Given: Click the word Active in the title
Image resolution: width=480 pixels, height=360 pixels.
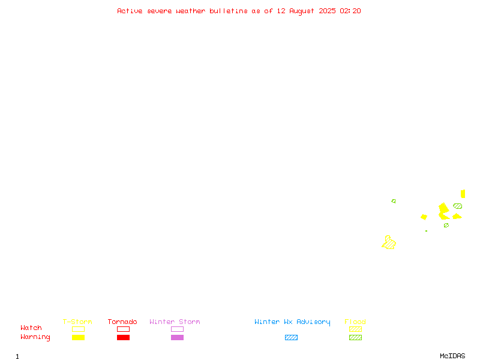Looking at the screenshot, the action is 130,11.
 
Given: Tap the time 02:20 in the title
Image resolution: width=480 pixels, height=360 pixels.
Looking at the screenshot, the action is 350,11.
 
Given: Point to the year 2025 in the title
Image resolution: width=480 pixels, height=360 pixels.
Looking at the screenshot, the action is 327,11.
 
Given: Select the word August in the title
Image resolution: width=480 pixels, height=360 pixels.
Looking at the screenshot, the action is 302,11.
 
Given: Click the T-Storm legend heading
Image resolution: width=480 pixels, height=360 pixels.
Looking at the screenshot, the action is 77,322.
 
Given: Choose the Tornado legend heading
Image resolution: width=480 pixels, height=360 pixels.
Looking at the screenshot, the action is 122,322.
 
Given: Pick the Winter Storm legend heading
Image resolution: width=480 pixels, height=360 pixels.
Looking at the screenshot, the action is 175,322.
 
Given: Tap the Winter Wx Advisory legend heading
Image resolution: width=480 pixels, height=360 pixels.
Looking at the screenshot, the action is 292,322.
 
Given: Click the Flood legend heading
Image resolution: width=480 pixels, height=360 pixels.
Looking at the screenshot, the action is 355,322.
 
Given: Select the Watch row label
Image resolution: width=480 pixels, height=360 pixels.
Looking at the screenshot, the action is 31,328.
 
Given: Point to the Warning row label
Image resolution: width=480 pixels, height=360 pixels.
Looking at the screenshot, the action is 35,337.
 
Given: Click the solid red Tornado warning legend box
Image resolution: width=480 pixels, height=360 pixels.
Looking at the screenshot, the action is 124,337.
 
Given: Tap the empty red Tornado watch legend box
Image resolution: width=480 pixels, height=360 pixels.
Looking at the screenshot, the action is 124,329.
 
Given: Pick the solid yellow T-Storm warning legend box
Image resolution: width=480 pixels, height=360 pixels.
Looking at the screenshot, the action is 79,337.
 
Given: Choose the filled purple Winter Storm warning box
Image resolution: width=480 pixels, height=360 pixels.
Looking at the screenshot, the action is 177,337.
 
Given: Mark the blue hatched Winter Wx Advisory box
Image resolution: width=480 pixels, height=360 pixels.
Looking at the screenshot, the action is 291,337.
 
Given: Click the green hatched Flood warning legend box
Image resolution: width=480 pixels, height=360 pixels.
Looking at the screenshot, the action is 355,337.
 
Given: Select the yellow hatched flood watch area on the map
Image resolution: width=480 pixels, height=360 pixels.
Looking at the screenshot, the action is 389,243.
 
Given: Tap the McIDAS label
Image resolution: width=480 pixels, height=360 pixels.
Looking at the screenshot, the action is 452,356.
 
